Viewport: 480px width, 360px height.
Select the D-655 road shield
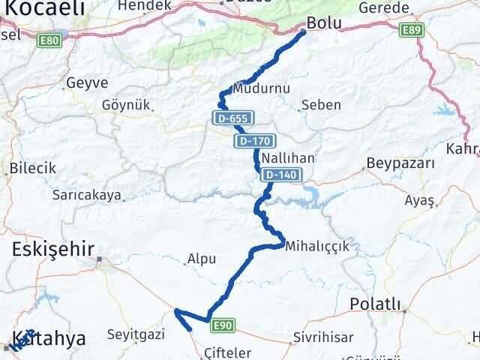point(232,118)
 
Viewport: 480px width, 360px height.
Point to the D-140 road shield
point(282,175)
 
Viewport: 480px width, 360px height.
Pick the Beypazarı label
point(400,163)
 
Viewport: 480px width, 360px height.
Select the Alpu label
point(202,258)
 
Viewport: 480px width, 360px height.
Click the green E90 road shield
point(223,325)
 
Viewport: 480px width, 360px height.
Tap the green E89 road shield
point(411,30)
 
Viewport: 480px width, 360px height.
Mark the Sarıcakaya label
point(86,195)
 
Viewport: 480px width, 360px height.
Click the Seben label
point(321,105)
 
